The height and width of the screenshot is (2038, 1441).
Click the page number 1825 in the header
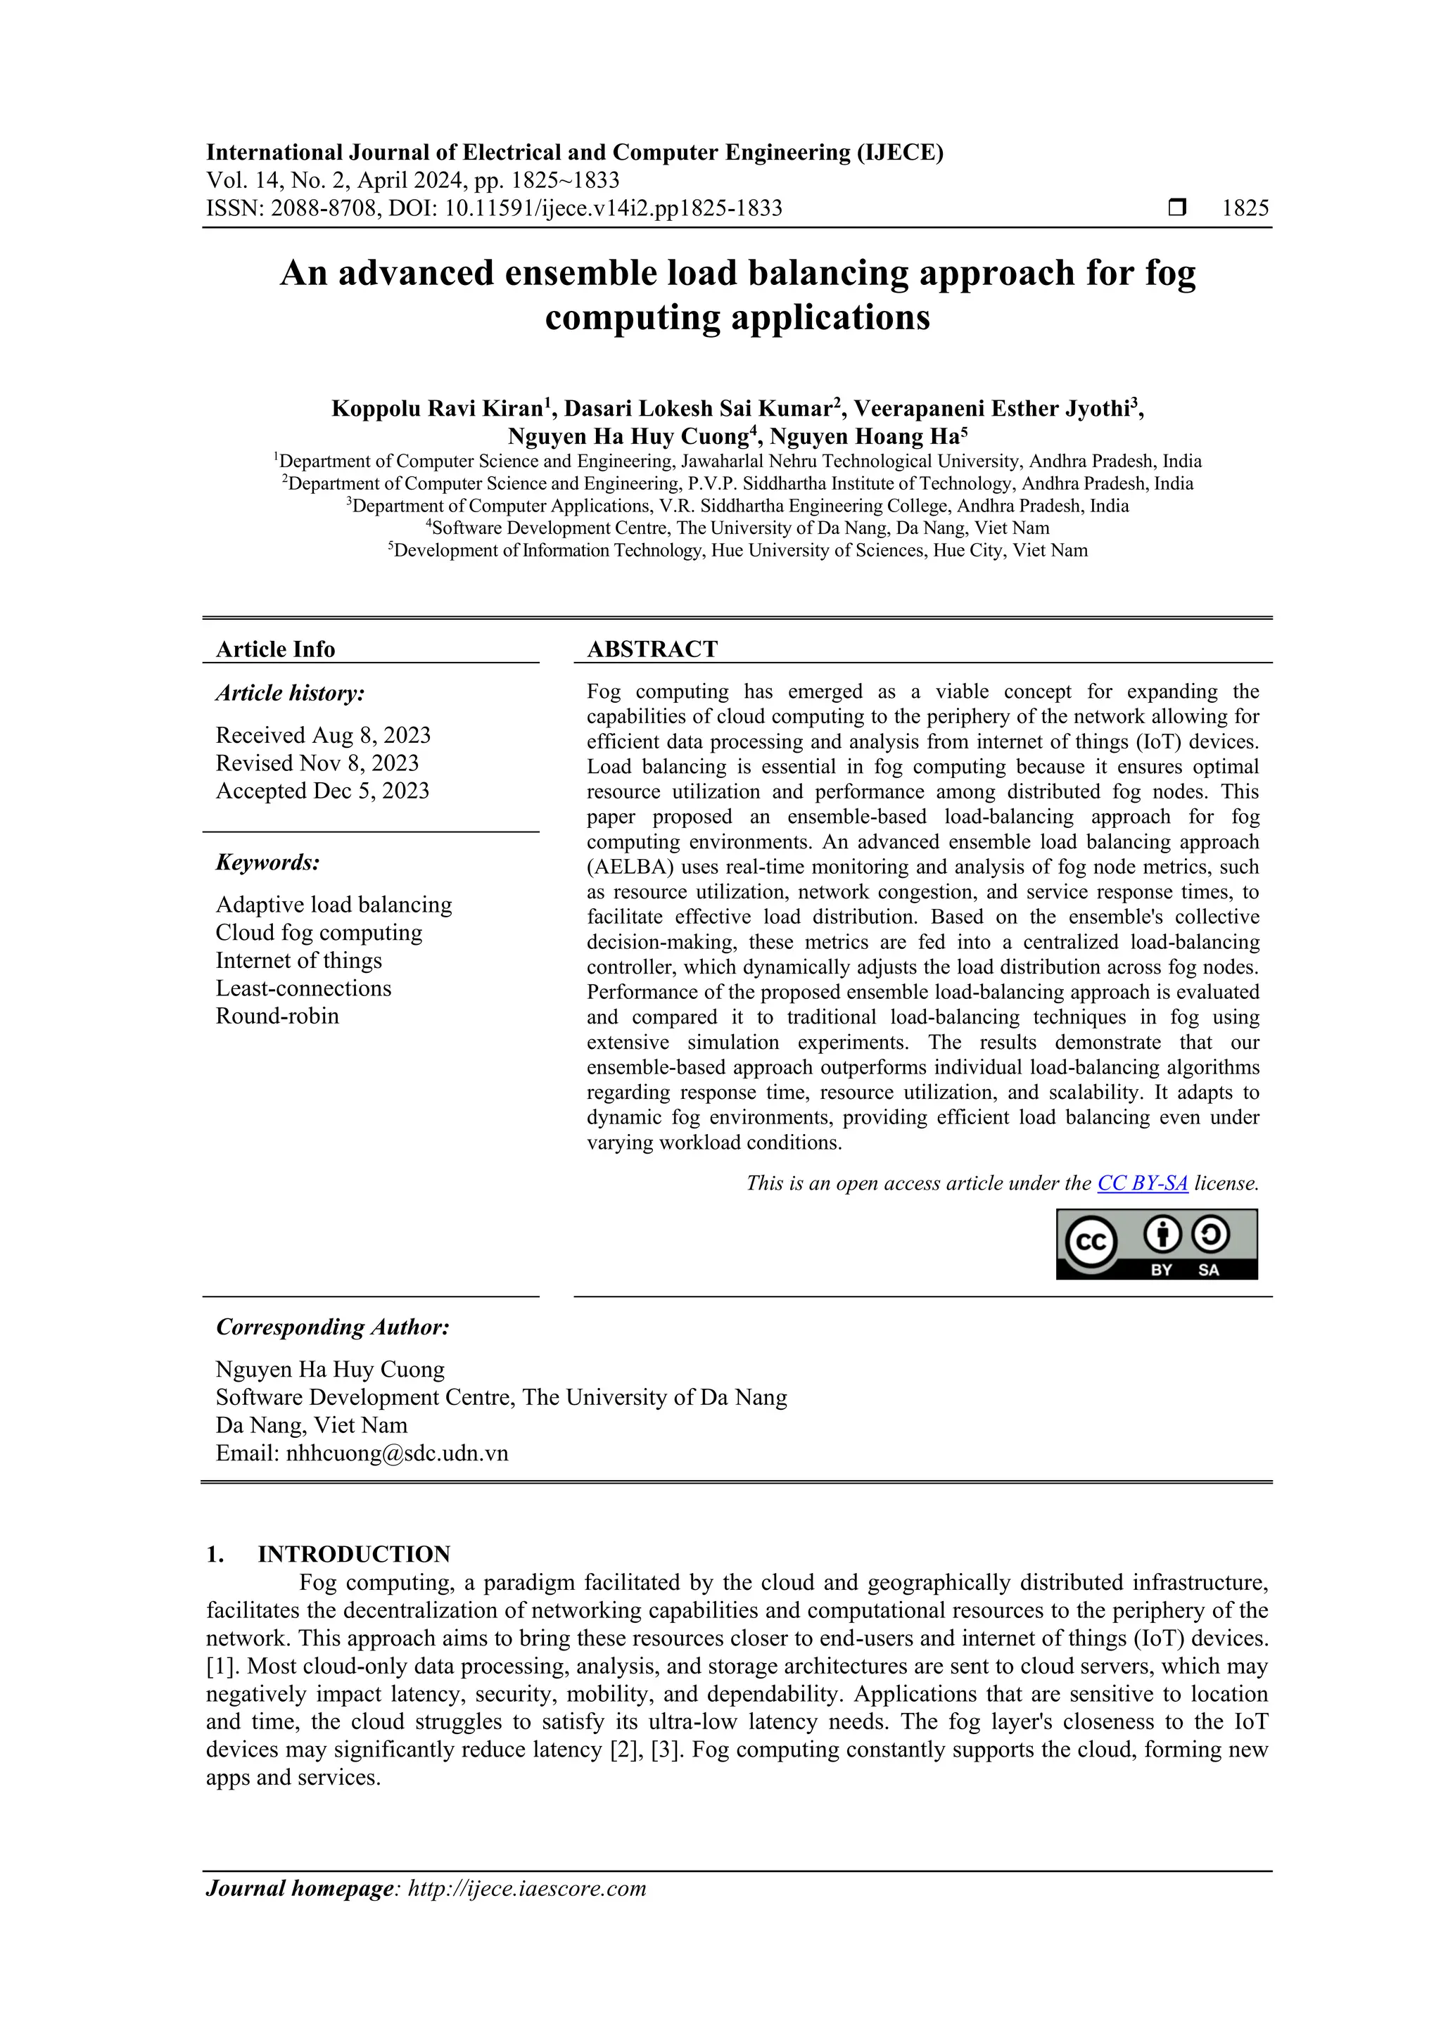1245,209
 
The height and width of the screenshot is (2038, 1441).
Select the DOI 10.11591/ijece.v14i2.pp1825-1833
613,209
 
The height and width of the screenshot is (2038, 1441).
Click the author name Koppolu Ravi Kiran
436,409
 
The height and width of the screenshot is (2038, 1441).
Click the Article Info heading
275,650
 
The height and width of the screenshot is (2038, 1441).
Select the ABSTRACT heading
652,650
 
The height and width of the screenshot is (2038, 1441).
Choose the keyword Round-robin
277,1017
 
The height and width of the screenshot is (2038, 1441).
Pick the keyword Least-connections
303,989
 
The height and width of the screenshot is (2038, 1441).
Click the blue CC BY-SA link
1142,1183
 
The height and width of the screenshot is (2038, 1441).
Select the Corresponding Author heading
333,1328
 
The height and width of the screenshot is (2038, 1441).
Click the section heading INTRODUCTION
353,1554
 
